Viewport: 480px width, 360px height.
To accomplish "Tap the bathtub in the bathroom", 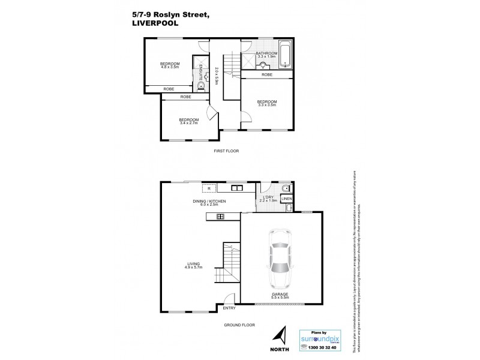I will tap(286, 53).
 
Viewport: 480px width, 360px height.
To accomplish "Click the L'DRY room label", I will tap(268, 198).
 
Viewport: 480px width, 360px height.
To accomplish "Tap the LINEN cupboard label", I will tap(287, 198).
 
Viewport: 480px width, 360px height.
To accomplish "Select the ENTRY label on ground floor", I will tap(229, 308).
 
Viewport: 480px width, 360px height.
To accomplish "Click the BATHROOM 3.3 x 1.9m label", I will tap(266, 55).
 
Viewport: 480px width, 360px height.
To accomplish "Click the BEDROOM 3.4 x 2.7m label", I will tap(188, 121).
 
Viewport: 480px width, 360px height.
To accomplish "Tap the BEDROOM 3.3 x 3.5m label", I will tap(266, 103).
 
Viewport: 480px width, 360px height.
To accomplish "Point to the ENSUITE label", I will tap(200, 73).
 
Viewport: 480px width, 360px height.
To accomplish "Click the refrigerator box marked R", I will tap(205, 187).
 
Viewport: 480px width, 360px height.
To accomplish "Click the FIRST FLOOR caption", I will tap(226, 151).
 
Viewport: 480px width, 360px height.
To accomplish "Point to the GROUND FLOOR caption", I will tap(240, 325).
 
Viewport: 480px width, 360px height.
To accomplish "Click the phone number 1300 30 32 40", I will tap(320, 348).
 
